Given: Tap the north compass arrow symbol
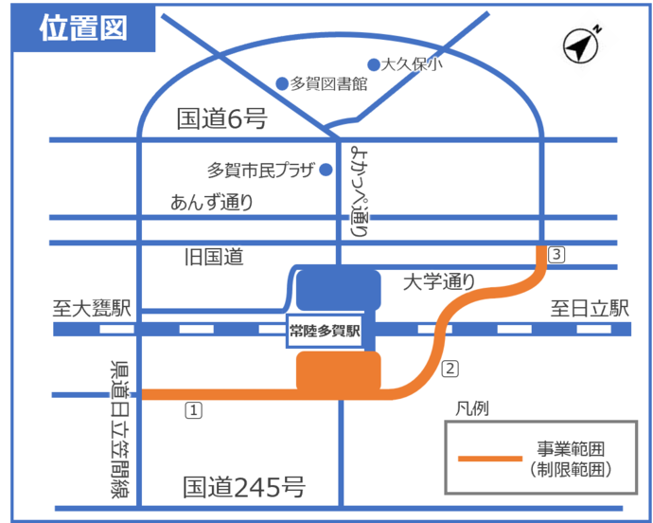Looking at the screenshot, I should [582, 45].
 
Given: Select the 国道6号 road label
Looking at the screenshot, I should [222, 118].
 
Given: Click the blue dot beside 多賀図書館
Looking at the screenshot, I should [281, 83].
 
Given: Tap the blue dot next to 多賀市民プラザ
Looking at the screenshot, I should [326, 171].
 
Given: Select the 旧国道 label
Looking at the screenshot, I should [213, 257].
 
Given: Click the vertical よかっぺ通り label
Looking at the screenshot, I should [359, 190].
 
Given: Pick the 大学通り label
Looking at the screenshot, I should [438, 281].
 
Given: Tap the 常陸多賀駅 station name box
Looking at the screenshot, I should [325, 333].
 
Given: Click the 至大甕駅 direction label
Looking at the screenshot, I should [94, 309].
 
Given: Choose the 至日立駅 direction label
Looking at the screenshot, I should [591, 309].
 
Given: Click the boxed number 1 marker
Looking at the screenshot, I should [193, 410].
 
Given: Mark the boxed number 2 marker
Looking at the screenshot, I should [450, 369].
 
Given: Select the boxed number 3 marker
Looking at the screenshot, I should [557, 254].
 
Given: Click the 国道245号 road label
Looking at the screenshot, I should [244, 487].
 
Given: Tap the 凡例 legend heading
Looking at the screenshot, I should [471, 409].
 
